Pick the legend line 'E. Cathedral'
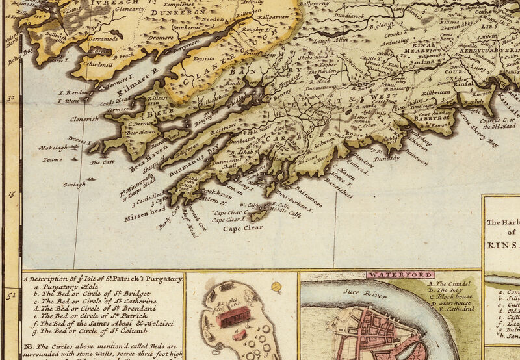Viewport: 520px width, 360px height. pyautogui.click(x=450, y=309)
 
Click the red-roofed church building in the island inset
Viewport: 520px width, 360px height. pyautogui.click(x=235, y=318)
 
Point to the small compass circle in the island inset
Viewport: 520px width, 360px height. pyautogui.click(x=276, y=286)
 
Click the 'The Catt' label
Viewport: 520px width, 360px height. pyautogui.click(x=102, y=162)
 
